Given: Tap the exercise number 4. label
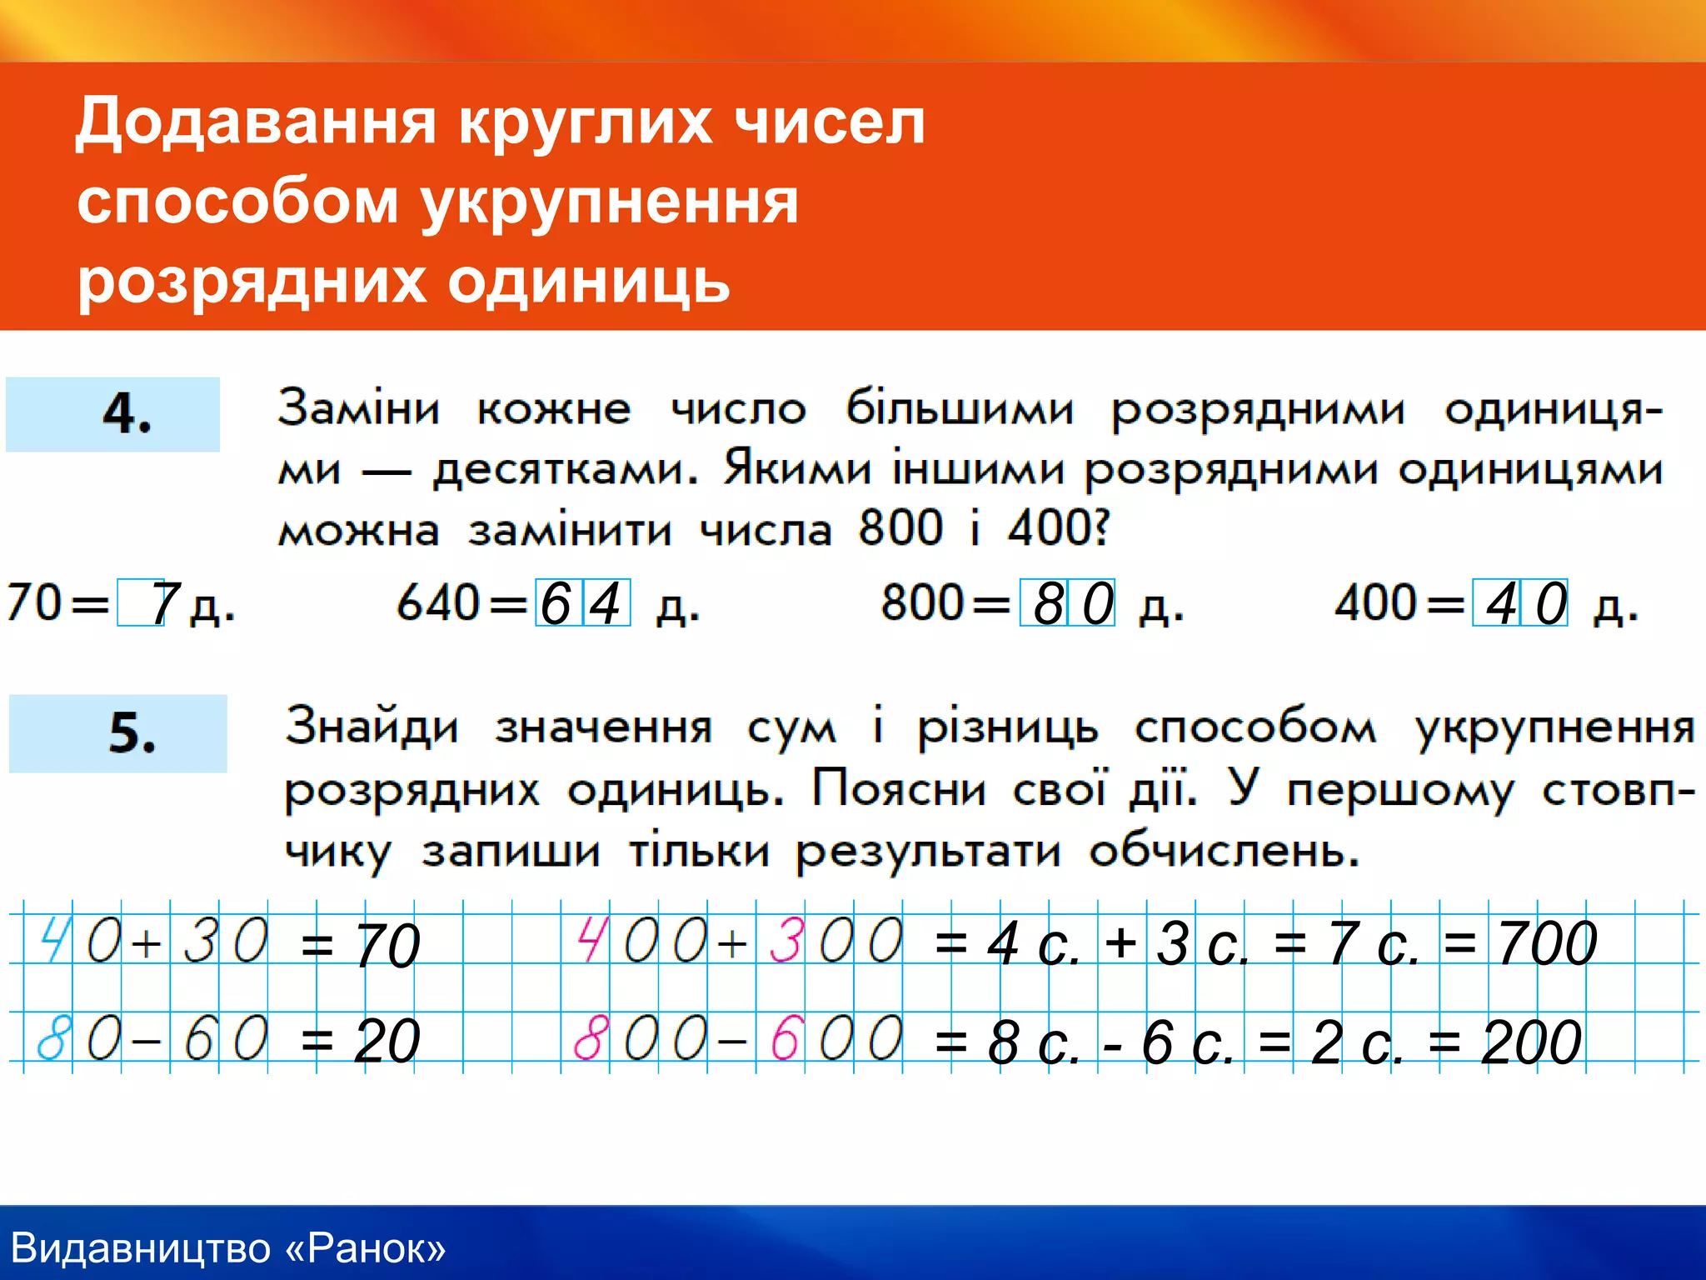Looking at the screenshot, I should tap(127, 413).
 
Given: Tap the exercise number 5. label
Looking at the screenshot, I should tap(132, 733).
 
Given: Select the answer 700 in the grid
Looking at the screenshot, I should tap(1547, 944).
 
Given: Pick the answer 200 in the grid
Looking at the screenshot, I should tap(1531, 1042).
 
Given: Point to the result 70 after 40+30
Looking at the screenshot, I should tap(387, 946).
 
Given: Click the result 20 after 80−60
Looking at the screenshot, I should tap(387, 1042).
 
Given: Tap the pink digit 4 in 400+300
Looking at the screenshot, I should tap(591, 940).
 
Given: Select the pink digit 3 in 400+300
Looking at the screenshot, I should tap(786, 940).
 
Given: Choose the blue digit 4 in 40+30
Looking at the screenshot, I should tap(55, 940).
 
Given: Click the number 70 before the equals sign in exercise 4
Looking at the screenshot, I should tap(34, 602).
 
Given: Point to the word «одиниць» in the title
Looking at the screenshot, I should tap(589, 282).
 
